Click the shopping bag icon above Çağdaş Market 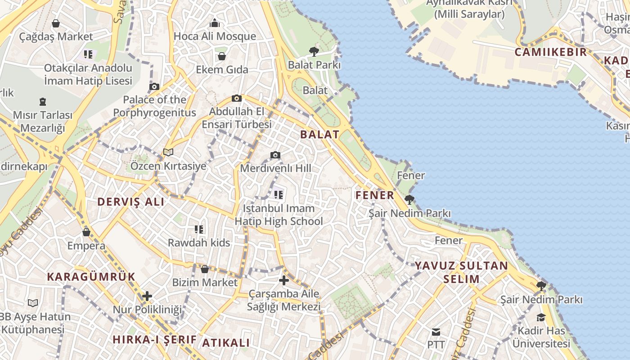[x=56, y=23]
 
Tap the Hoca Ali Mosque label [x=215, y=36]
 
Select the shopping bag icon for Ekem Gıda [x=221, y=56]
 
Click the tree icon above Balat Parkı [x=314, y=51]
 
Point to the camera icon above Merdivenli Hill [x=275, y=155]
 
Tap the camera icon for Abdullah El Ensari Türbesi [x=236, y=98]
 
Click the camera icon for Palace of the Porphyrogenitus [x=154, y=86]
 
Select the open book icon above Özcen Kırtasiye [x=168, y=153]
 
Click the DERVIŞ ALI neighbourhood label [x=131, y=202]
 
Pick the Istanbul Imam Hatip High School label [x=279, y=215]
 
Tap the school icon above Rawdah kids [x=199, y=229]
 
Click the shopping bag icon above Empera [x=86, y=232]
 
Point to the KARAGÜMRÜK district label [x=91, y=277]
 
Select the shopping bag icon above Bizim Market [x=205, y=269]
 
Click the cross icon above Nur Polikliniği [x=147, y=296]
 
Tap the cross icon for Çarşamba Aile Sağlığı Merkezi [x=284, y=280]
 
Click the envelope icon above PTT [x=436, y=332]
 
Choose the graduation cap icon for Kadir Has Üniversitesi [x=541, y=318]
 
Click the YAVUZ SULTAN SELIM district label [x=461, y=272]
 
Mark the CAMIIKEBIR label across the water [x=551, y=52]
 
